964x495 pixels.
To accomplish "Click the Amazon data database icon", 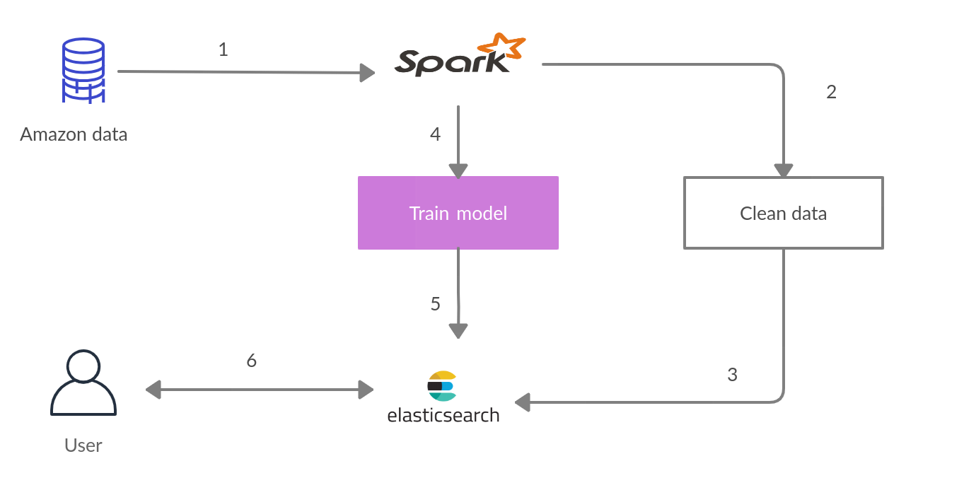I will tap(83, 71).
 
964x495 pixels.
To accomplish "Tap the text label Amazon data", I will tap(74, 134).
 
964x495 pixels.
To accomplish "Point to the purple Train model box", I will tap(458, 213).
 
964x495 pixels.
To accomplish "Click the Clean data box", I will tap(783, 213).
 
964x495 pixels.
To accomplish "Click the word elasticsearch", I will tap(443, 415).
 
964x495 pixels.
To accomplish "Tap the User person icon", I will tap(83, 383).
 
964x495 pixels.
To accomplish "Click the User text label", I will tap(83, 445).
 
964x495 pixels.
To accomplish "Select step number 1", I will tap(223, 50).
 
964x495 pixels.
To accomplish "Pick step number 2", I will tap(832, 92).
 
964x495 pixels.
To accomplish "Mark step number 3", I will tap(733, 375).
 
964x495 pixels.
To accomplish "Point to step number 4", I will tap(435, 134).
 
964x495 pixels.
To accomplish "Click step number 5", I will tap(435, 304).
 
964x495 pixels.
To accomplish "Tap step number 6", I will tap(251, 361).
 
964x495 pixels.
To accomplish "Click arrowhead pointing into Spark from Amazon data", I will tap(366, 72).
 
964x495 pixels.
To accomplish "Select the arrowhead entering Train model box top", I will tap(458, 170).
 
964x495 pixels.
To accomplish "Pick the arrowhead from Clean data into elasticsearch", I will tap(523, 403).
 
